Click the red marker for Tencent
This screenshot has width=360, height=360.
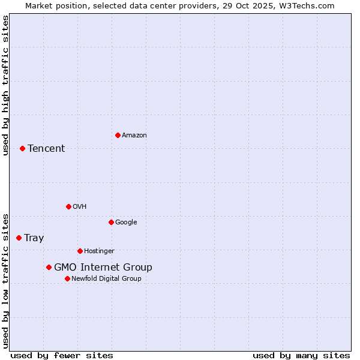point(22,148)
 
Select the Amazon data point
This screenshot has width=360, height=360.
point(118,135)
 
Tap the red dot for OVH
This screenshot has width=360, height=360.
point(68,206)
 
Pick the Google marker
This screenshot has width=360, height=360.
point(111,222)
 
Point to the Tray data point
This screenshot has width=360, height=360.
point(19,238)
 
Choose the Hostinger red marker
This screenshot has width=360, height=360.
point(80,251)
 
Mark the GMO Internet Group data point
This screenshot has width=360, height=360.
point(49,267)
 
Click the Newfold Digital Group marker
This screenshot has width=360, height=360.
point(67,278)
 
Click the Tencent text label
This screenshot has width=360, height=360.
point(46,149)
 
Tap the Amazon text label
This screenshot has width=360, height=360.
point(134,136)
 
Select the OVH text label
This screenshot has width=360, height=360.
point(80,207)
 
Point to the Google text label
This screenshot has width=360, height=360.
point(126,223)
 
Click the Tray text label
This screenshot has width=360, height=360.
point(34,238)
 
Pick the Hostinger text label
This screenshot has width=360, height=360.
point(99,251)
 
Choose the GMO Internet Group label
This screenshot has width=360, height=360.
point(103,268)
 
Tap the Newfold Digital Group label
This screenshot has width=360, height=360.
point(106,279)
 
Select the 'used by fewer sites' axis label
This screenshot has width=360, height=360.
point(62,355)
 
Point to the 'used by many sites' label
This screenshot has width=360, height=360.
point(301,355)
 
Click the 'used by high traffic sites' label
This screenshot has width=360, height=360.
point(5,85)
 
